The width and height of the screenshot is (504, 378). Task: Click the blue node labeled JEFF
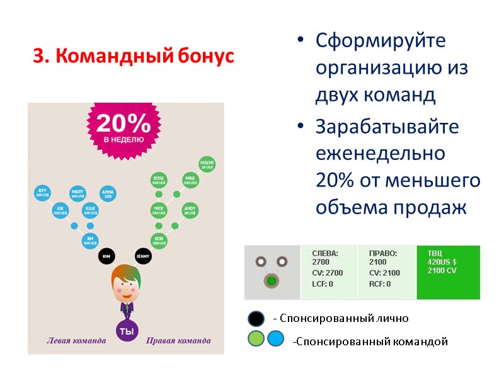(42, 192)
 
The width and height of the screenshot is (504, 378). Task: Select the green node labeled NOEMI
(207, 164)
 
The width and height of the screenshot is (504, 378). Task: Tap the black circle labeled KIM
(106, 256)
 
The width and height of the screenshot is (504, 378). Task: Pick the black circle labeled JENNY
(142, 256)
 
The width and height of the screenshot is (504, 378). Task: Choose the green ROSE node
(159, 180)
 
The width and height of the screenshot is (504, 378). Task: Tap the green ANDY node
(190, 210)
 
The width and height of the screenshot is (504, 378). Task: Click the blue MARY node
(77, 193)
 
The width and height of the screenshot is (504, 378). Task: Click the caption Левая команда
(76, 341)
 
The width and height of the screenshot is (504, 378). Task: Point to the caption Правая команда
(178, 341)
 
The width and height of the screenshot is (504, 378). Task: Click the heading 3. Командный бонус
(133, 57)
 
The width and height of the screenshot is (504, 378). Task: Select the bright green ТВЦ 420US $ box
(448, 271)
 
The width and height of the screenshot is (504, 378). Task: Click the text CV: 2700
(328, 273)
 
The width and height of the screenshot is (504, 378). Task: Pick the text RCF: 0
(380, 283)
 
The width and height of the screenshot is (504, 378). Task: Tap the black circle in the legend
(256, 319)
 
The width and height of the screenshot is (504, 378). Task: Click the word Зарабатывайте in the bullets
(387, 126)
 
